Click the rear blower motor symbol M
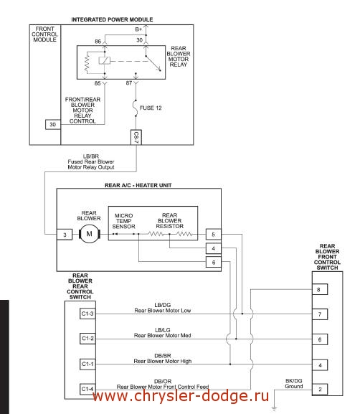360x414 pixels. (90, 234)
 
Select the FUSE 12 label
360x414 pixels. (151, 108)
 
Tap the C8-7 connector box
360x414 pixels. (136, 137)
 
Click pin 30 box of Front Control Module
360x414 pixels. (53, 124)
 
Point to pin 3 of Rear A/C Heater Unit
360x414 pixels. (65, 235)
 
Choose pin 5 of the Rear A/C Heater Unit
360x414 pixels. (213, 234)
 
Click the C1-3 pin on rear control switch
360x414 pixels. (87, 314)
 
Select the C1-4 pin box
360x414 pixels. (87, 389)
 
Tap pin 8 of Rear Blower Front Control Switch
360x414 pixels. (320, 289)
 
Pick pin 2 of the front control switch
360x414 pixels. (320, 389)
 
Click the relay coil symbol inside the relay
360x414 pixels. (105, 61)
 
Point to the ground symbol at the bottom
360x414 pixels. (274, 409)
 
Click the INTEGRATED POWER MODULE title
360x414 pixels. (112, 19)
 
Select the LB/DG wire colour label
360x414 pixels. (163, 305)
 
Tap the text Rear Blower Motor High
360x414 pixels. (163, 361)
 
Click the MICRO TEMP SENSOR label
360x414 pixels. (123, 221)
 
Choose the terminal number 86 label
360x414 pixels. (98, 42)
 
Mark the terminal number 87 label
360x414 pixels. (129, 83)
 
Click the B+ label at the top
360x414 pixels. (138, 29)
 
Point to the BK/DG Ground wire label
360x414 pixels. (294, 383)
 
